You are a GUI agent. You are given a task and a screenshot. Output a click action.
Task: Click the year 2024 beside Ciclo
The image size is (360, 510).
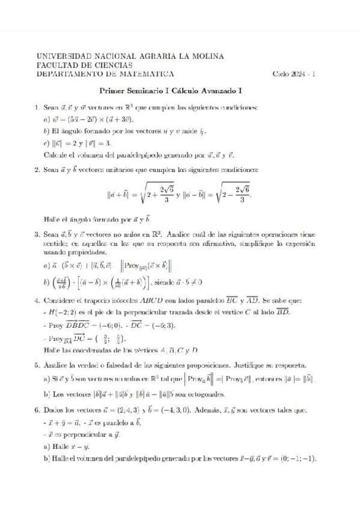[x=301, y=74]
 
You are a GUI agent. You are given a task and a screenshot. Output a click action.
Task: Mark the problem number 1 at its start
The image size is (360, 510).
[x=38, y=108]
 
